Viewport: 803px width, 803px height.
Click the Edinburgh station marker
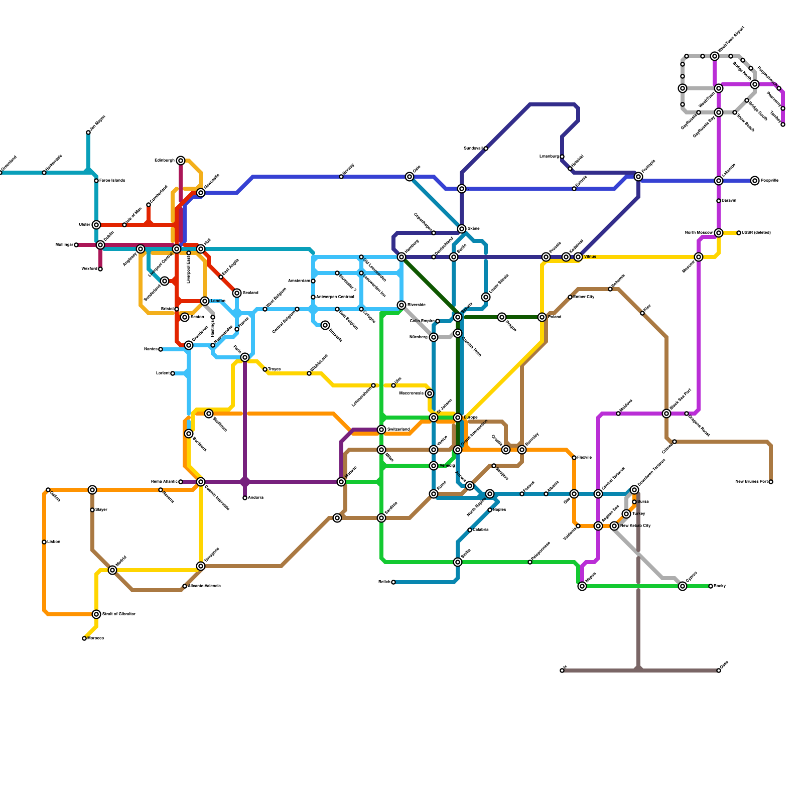[x=181, y=161]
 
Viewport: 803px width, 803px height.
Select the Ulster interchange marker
[x=96, y=225]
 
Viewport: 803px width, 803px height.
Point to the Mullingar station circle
[x=76, y=245]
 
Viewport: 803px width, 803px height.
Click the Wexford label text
[x=89, y=269]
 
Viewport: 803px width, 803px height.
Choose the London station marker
[x=205, y=301]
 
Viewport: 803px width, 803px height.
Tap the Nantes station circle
[x=161, y=349]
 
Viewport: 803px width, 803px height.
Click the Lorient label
[x=163, y=373]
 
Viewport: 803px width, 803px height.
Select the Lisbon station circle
[x=44, y=542]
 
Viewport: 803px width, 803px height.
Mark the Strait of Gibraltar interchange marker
[x=96, y=614]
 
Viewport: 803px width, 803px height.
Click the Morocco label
[x=95, y=638]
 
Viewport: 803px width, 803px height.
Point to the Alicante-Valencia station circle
[x=185, y=586]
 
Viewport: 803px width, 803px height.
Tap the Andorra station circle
[x=245, y=498]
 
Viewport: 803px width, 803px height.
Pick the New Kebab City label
[x=635, y=526]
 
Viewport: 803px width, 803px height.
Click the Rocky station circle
[x=711, y=586]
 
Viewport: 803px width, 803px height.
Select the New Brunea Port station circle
[x=771, y=482]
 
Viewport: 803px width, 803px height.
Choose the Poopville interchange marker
[x=755, y=181]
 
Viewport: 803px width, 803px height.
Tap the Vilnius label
[x=590, y=257]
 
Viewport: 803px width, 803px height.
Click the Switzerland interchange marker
[x=381, y=430]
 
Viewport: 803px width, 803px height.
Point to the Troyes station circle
[x=265, y=369]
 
